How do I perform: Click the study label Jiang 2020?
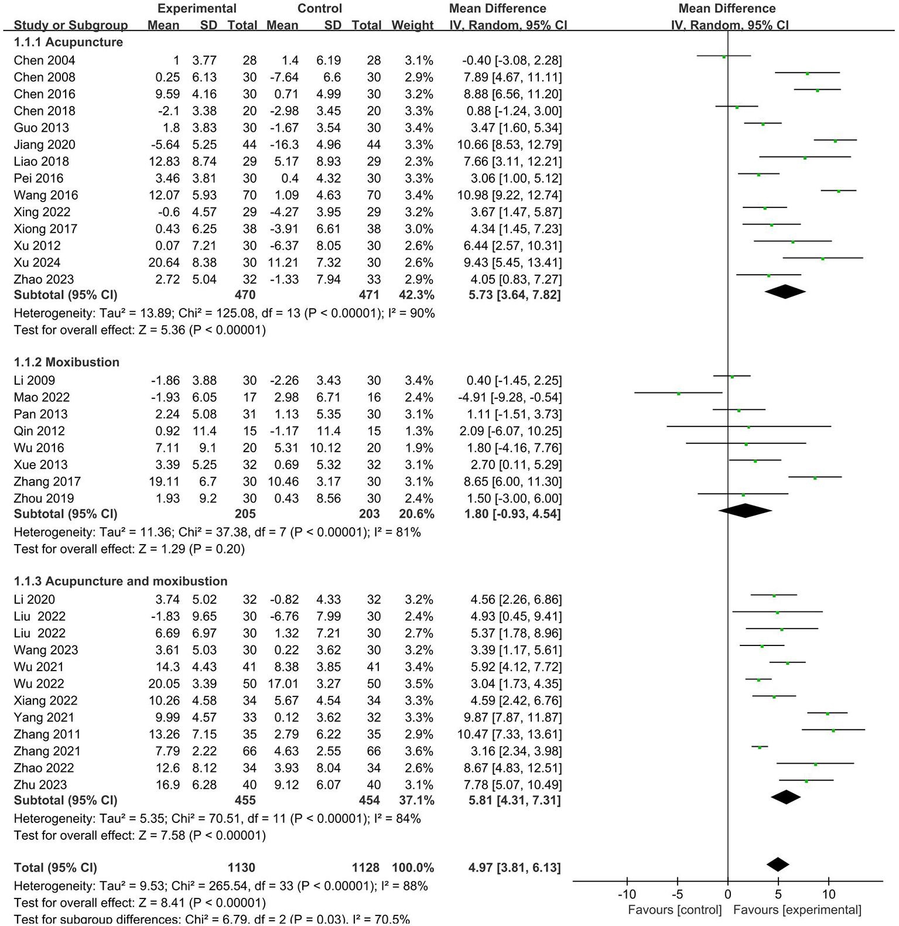pyautogui.click(x=45, y=145)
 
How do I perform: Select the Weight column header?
pyautogui.click(x=412, y=25)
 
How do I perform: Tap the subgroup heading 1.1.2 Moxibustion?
pyautogui.click(x=67, y=362)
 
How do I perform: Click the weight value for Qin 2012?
pyautogui.click(x=419, y=431)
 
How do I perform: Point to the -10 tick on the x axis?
pyautogui.click(x=627, y=894)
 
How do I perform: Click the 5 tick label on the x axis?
pyautogui.click(x=778, y=894)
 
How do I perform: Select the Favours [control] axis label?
pyautogui.click(x=675, y=910)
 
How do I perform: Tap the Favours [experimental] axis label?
pyautogui.click(x=797, y=910)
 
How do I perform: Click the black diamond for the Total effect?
pyautogui.click(x=778, y=865)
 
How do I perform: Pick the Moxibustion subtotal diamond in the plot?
pyautogui.click(x=745, y=511)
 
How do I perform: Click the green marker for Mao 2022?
pyautogui.click(x=679, y=394)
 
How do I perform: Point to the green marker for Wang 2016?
pyautogui.click(x=839, y=191)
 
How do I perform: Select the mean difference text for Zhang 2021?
pyautogui.click(x=516, y=751)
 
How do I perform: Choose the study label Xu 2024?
pyautogui.click(x=37, y=262)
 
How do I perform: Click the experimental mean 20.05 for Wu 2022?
pyautogui.click(x=164, y=684)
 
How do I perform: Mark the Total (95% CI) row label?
pyautogui.click(x=56, y=867)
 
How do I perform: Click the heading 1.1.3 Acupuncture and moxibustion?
pyautogui.click(x=121, y=581)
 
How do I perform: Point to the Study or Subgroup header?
pyautogui.click(x=70, y=25)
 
